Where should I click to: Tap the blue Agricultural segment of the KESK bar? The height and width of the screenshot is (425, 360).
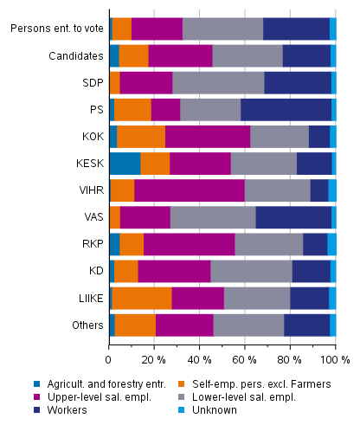click(125, 164)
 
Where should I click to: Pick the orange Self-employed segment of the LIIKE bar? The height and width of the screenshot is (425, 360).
click(142, 299)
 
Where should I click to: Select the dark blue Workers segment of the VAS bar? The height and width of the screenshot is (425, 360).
click(293, 217)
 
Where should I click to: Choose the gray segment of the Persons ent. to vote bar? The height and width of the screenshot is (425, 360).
click(222, 29)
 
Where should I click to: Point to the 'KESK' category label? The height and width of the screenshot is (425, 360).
click(88, 164)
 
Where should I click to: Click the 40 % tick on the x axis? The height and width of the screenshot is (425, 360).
click(198, 357)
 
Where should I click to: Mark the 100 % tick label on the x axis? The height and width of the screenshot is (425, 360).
click(337, 357)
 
